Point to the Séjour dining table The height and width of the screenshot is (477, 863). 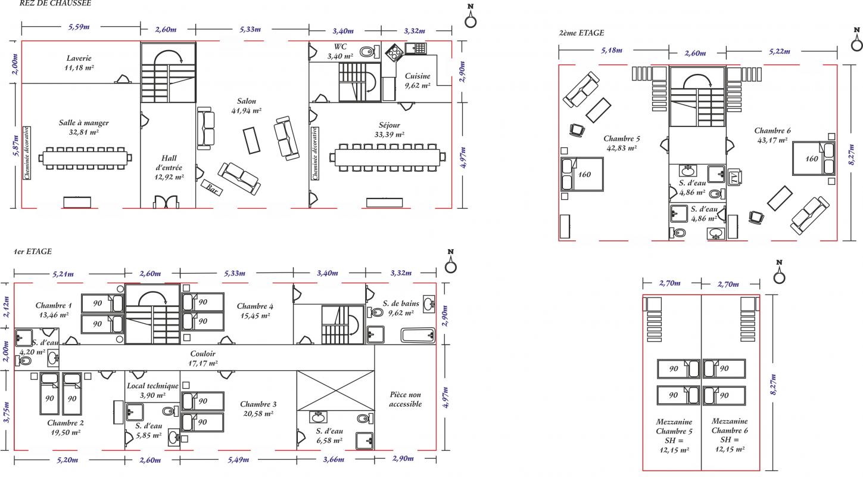click(x=388, y=157)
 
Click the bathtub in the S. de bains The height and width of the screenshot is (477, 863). click(x=418, y=335)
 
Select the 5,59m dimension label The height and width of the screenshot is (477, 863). click(x=79, y=27)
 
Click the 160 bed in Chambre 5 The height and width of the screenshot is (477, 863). click(x=582, y=174)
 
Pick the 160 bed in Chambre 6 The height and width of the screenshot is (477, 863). click(x=814, y=158)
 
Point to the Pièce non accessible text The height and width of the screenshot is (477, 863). click(x=406, y=399)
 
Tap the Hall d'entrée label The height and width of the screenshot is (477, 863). click(x=169, y=168)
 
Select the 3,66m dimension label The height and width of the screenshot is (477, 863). click(x=334, y=460)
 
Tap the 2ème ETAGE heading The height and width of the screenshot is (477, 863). click(x=581, y=33)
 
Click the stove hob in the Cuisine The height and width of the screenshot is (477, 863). click(x=394, y=52)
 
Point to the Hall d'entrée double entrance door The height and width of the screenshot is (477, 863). click(x=166, y=202)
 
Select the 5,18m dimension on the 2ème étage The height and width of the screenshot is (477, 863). click(x=612, y=50)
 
